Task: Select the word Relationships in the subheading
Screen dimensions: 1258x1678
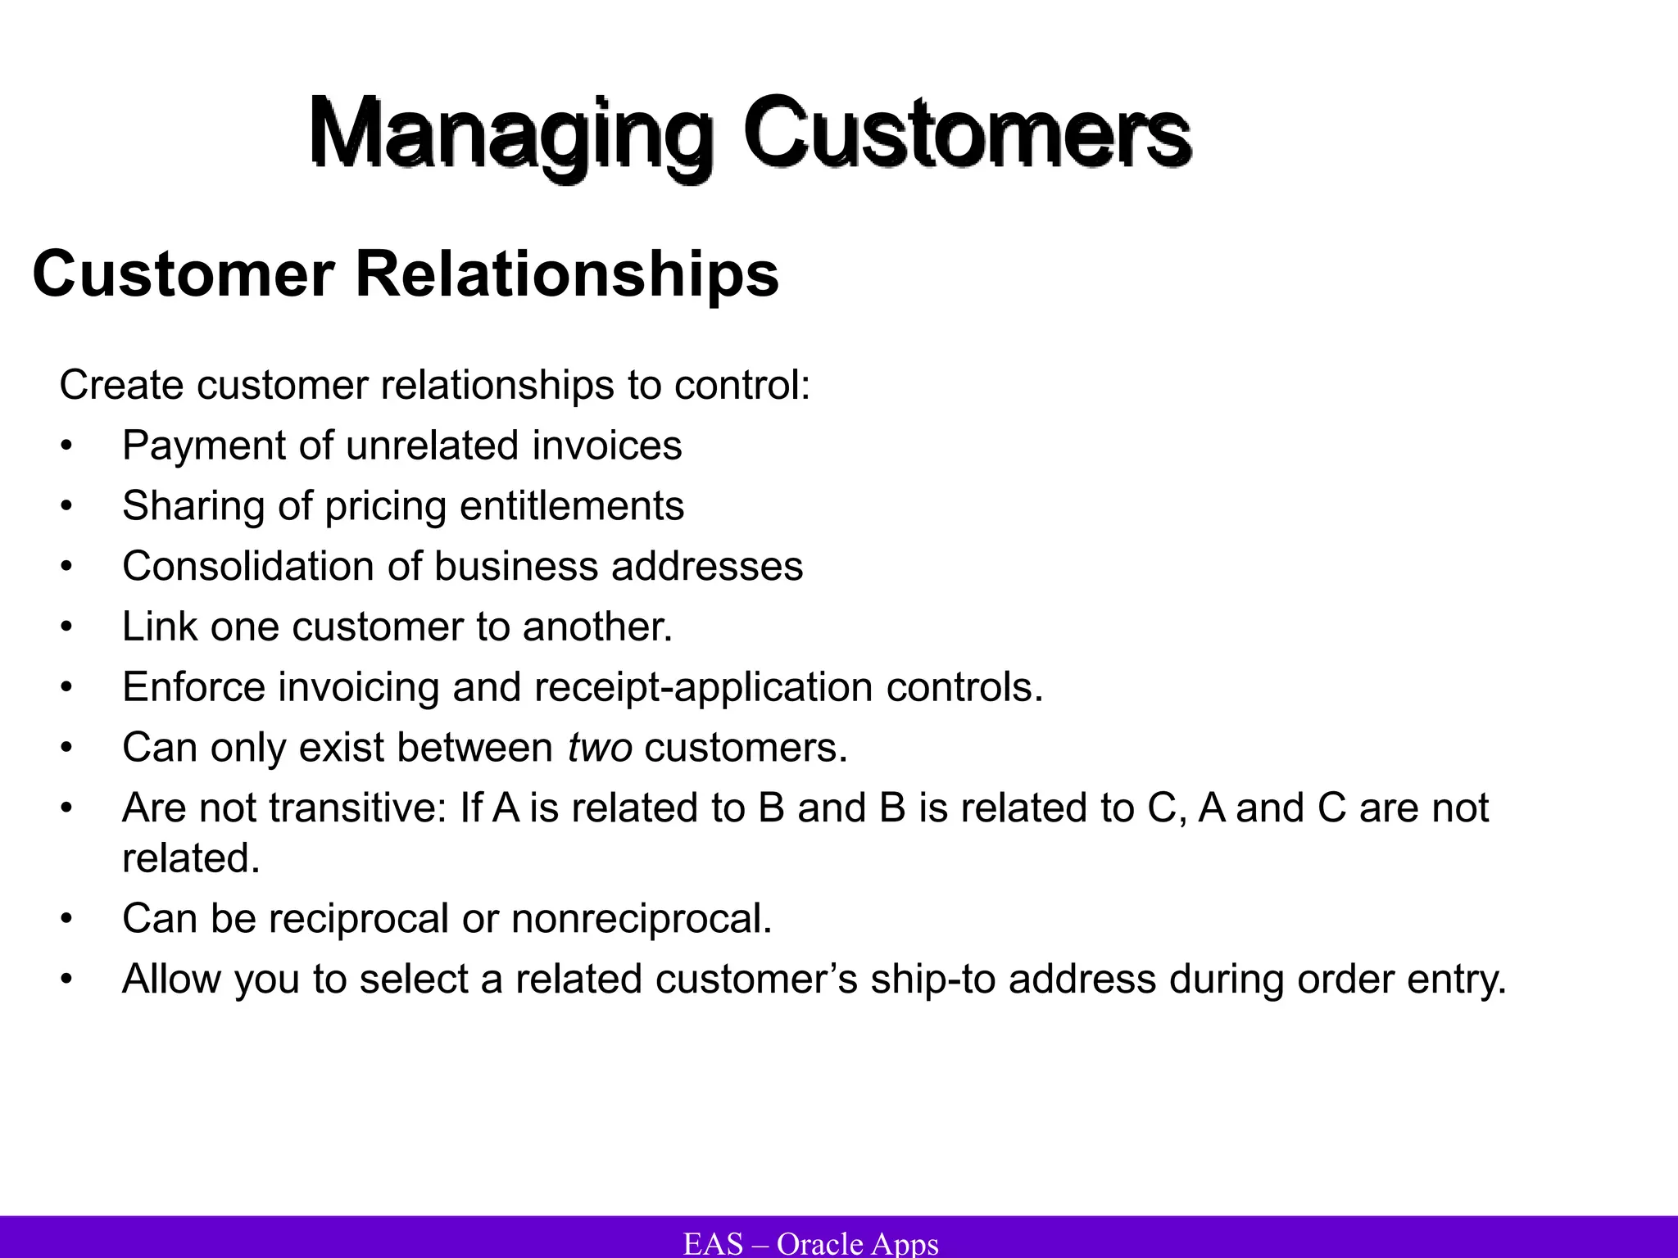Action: (x=567, y=274)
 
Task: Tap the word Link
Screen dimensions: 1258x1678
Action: (x=160, y=627)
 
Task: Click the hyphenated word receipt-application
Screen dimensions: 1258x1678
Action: (x=704, y=688)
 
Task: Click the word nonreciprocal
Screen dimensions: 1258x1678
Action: (x=641, y=919)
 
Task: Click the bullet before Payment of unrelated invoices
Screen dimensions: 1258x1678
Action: (x=66, y=447)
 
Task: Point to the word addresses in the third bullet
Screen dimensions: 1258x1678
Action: (x=707, y=566)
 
